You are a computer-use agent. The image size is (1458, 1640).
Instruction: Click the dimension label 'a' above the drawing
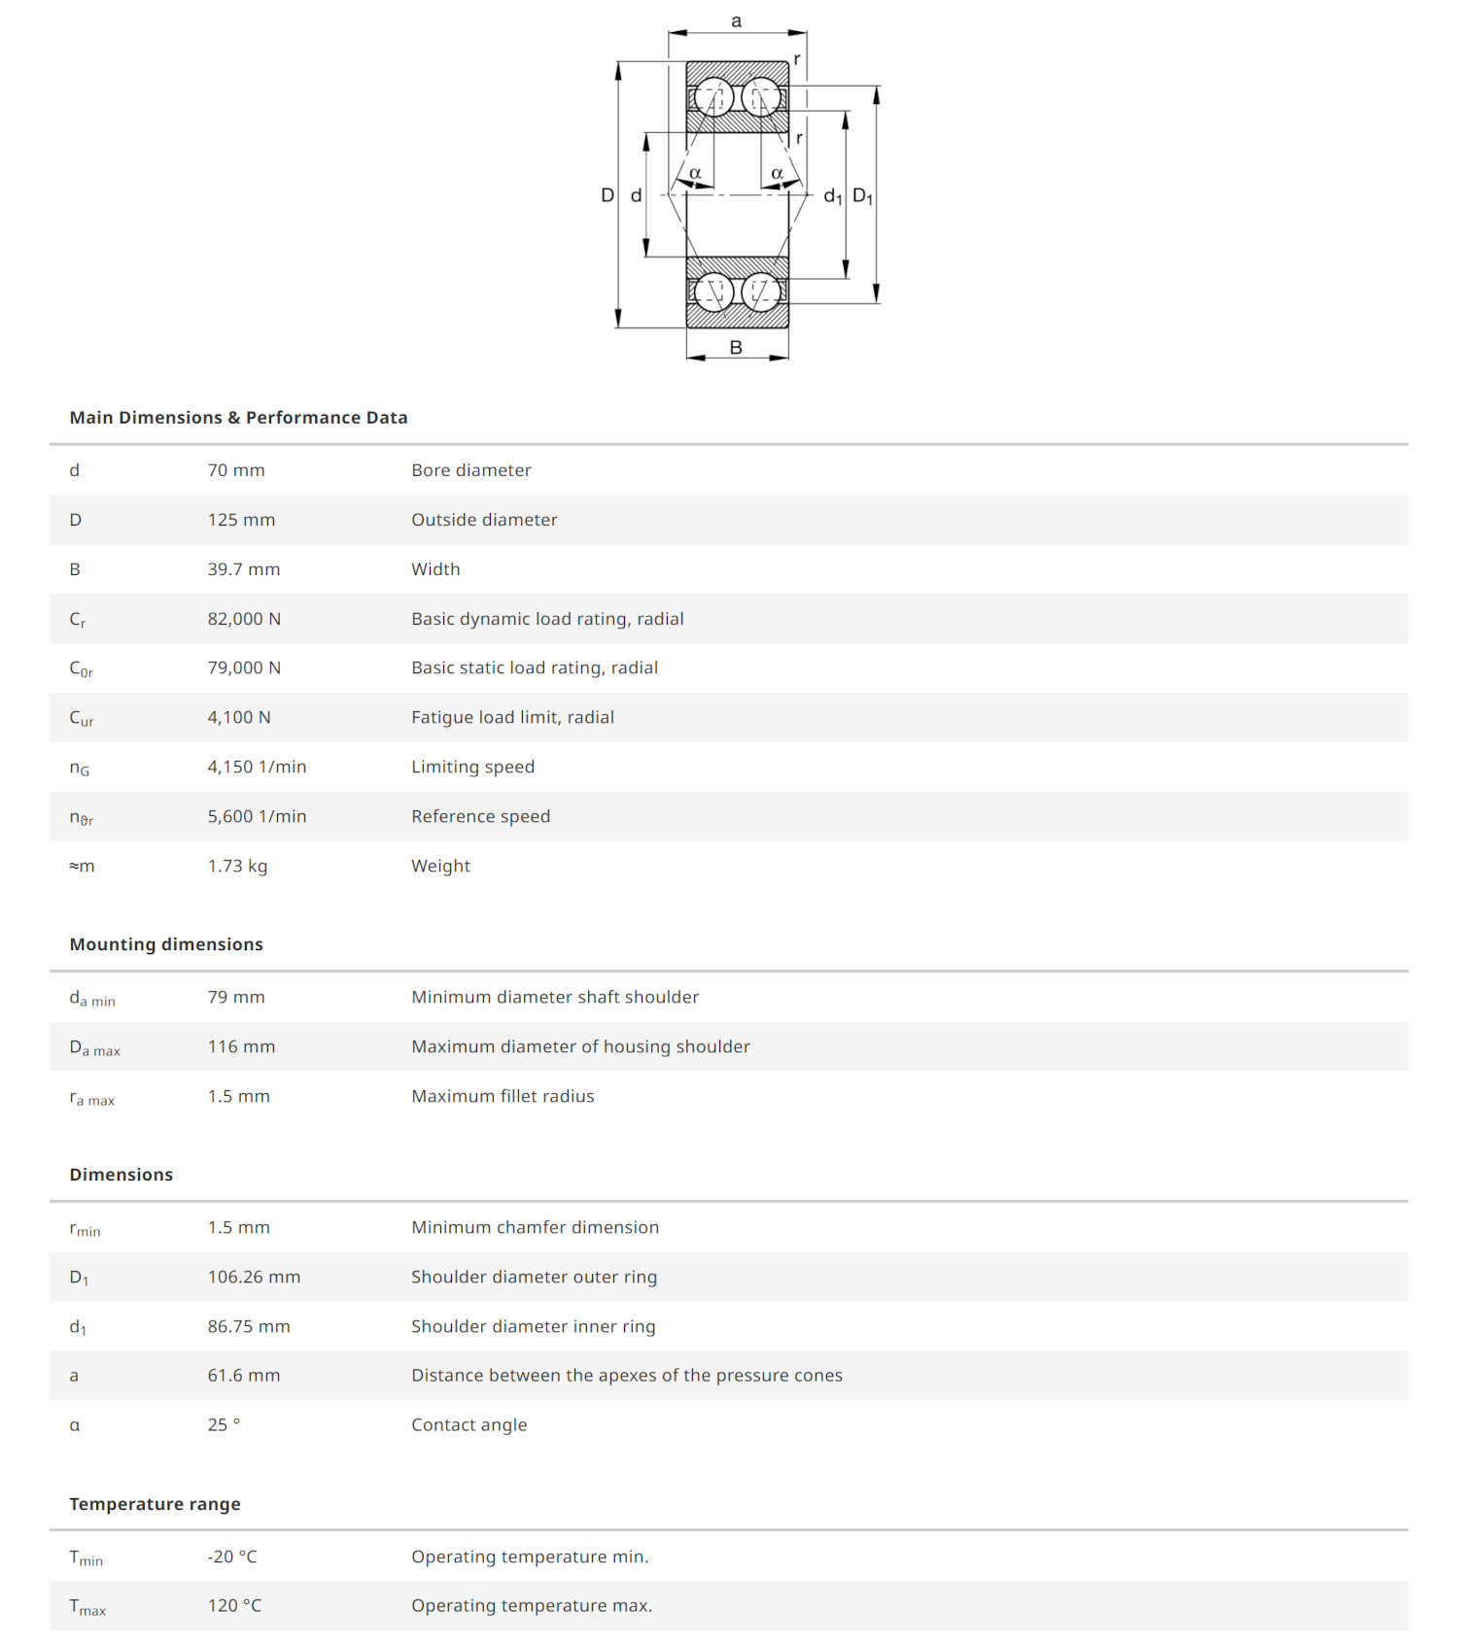(736, 21)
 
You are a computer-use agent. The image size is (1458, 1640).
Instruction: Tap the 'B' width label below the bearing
(736, 347)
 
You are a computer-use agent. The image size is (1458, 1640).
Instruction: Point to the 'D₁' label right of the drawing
(862, 196)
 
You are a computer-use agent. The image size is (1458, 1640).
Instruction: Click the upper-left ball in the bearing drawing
(713, 97)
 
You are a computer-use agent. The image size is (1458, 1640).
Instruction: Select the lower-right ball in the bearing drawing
(760, 291)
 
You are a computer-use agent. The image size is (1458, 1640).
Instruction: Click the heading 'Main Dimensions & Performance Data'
(238, 418)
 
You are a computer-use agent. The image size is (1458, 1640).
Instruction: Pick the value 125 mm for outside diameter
(241, 520)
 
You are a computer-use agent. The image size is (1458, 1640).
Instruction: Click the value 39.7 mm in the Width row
(243, 569)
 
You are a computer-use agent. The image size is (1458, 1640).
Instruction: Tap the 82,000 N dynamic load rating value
(244, 619)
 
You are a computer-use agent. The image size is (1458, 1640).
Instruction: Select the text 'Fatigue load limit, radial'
(512, 717)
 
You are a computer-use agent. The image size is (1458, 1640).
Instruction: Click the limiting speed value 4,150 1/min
(257, 767)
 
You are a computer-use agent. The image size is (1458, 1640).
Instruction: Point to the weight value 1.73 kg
(237, 866)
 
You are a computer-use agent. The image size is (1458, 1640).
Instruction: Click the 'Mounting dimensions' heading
(166, 944)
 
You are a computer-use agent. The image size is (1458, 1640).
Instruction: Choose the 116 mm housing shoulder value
(241, 1046)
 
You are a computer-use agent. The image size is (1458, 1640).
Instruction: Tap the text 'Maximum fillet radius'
(503, 1096)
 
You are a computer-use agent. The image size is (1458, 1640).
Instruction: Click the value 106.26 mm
(254, 1277)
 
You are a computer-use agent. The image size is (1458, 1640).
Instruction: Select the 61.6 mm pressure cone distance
(243, 1375)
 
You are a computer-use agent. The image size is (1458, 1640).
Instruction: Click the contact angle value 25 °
(224, 1424)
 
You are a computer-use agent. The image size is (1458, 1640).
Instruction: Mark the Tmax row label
(87, 1607)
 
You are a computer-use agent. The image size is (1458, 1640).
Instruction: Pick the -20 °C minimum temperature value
(232, 1556)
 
